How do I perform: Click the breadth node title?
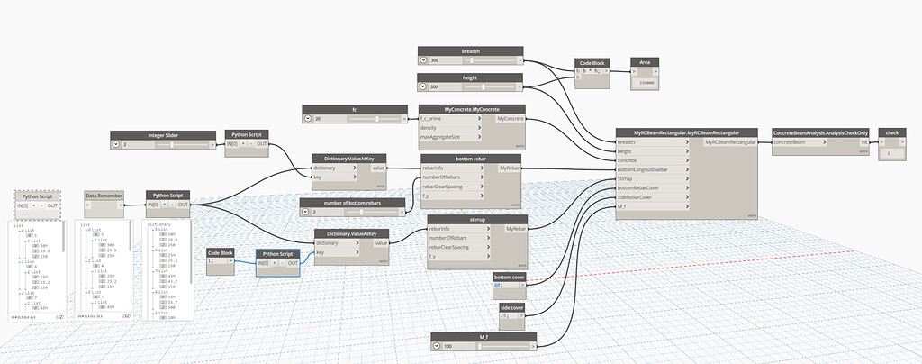click(470, 50)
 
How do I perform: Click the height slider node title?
click(470, 77)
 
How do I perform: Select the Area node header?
click(645, 63)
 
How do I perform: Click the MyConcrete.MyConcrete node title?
click(473, 108)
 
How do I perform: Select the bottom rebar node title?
click(471, 158)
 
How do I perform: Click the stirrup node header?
click(471, 218)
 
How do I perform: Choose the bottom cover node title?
click(509, 276)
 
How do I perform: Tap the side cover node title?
click(512, 308)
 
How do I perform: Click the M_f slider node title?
click(484, 336)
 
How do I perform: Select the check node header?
click(891, 132)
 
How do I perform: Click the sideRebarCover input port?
click(641, 197)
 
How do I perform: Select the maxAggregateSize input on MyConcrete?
click(446, 137)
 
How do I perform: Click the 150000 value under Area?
click(645, 83)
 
